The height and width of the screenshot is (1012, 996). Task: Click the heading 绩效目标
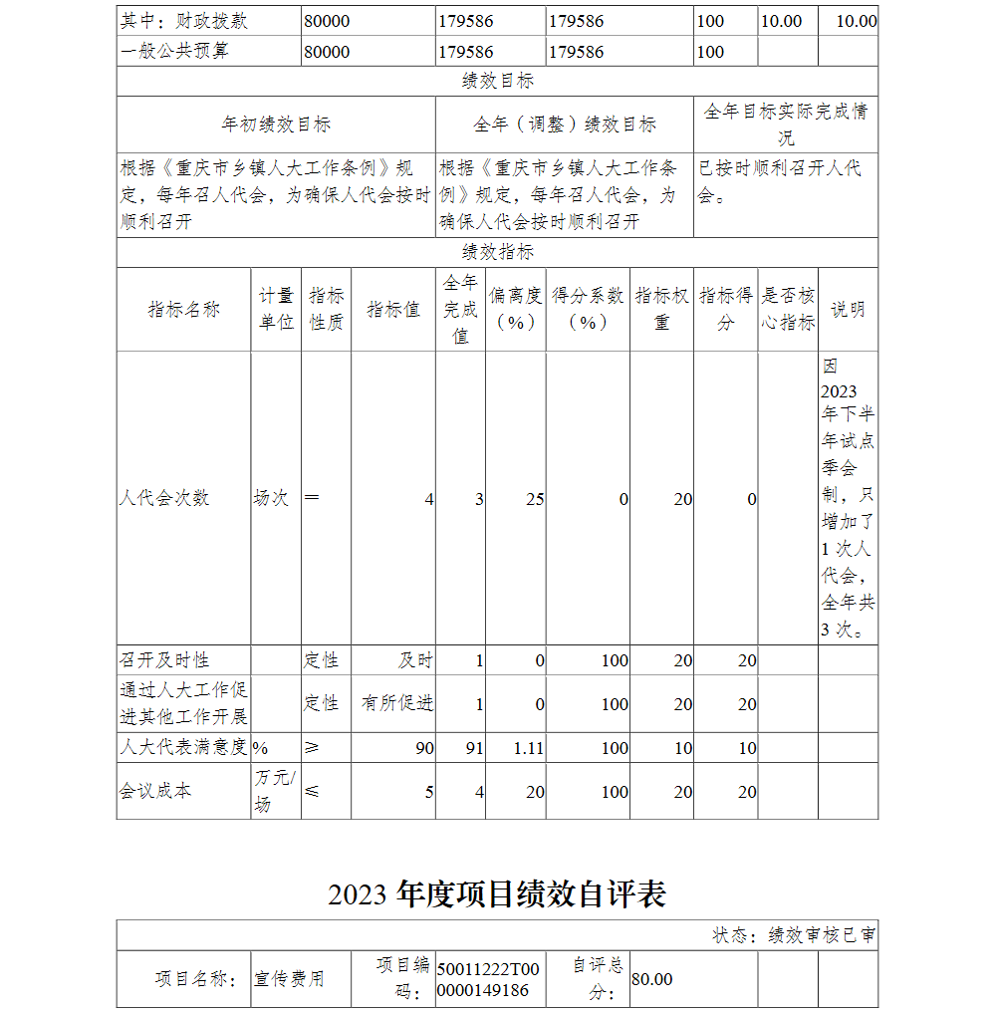tap(497, 82)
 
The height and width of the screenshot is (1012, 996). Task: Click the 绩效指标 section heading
tap(497, 252)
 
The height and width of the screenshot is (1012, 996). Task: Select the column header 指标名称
tap(183, 310)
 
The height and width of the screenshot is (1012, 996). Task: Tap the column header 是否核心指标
tap(788, 310)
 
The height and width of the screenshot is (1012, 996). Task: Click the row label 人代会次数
tap(164, 498)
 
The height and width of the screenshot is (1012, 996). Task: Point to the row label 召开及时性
tap(164, 660)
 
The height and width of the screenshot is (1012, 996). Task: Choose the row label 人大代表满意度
tap(183, 748)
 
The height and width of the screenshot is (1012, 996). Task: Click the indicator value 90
tap(424, 748)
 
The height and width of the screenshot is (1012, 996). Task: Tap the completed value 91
tap(473, 748)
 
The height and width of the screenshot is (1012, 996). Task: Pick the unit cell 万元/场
tap(275, 791)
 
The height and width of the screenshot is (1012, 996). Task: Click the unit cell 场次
tap(271, 498)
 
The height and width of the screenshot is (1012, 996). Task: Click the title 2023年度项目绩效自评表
tap(497, 894)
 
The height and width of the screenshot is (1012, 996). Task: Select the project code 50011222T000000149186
tap(488, 979)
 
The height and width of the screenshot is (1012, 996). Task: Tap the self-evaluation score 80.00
tap(652, 980)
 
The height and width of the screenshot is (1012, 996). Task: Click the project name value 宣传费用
tap(289, 980)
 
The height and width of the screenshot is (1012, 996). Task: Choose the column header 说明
tap(848, 310)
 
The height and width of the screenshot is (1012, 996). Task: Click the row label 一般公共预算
tap(174, 51)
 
